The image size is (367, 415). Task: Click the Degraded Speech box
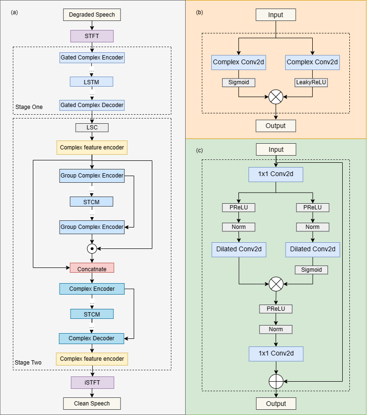[92, 15]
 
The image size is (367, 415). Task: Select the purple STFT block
[92, 36]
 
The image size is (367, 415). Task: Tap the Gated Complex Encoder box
[92, 58]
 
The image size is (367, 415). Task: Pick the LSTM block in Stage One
[92, 81]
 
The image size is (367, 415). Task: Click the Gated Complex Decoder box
[92, 105]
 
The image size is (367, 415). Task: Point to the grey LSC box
[92, 128]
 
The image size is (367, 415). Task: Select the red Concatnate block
[92, 268]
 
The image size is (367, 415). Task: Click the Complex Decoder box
[92, 338]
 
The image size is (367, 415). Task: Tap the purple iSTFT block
[92, 382]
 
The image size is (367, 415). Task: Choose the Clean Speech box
[92, 404]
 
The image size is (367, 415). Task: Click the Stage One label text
[29, 107]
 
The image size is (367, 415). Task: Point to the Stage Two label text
[28, 363]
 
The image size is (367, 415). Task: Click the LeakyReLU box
[312, 82]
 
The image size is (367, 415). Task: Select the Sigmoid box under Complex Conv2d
[238, 82]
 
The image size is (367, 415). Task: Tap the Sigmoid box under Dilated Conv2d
[312, 270]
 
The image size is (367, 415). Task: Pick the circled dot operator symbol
[92, 248]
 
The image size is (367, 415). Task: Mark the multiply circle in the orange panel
[276, 97]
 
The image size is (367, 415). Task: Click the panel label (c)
[199, 151]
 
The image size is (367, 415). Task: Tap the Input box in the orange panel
[276, 15]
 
